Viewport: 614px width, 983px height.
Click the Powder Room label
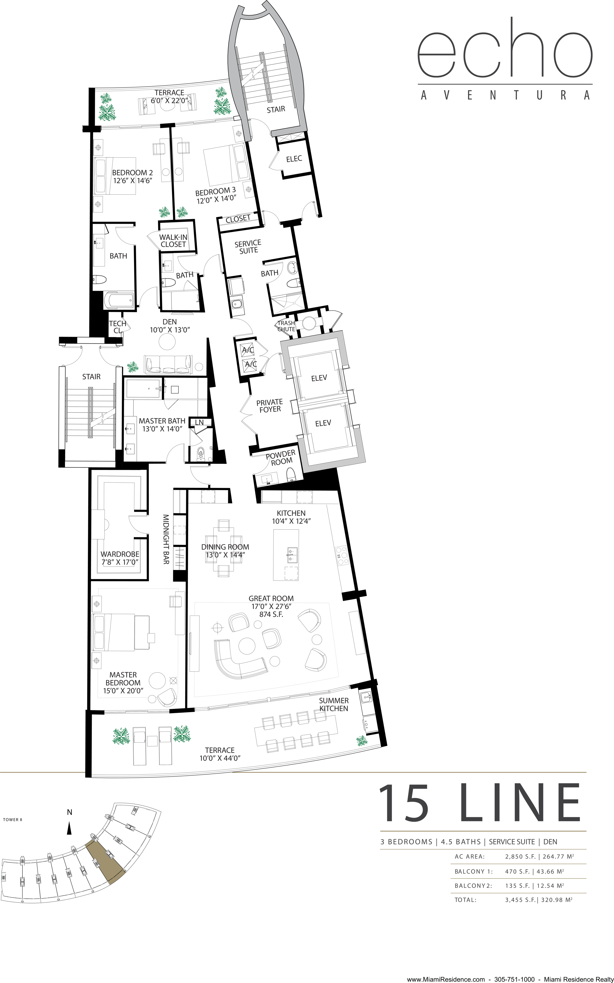click(x=281, y=457)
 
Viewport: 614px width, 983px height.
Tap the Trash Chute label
click(x=286, y=326)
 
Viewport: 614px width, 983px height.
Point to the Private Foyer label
click(x=270, y=405)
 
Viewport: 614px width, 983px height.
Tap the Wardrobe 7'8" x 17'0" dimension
click(x=120, y=562)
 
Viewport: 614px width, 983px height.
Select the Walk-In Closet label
click(x=173, y=240)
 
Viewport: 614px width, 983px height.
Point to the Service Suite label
click(x=248, y=247)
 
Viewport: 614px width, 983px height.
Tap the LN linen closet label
click(x=199, y=423)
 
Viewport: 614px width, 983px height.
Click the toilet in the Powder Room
click(x=291, y=474)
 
